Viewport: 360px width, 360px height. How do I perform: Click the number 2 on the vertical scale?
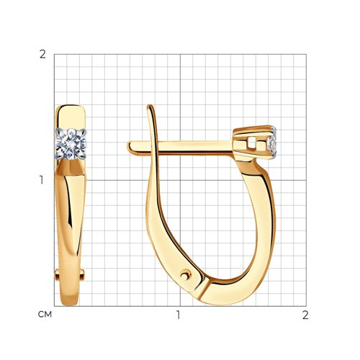(x=42, y=55)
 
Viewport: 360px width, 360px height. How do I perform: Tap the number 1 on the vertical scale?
(x=42, y=180)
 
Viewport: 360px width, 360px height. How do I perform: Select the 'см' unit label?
(x=45, y=315)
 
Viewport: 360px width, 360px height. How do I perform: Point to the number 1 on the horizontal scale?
(x=179, y=315)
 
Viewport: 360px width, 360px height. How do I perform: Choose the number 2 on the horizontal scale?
(x=305, y=315)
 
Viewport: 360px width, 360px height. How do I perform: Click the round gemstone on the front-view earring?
(x=71, y=144)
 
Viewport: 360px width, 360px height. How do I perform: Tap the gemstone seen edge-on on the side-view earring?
(x=273, y=143)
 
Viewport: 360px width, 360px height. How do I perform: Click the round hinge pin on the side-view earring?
(x=186, y=275)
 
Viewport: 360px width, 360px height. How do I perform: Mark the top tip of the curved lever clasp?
(x=150, y=106)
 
